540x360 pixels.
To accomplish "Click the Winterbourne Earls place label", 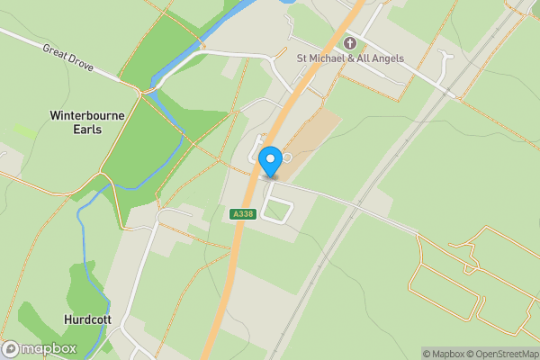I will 88,122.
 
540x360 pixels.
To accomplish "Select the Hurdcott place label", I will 88,319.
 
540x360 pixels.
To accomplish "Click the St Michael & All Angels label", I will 350,58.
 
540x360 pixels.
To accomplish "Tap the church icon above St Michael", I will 350,42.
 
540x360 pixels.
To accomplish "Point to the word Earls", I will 88,130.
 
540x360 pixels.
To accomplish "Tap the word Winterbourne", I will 88,115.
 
